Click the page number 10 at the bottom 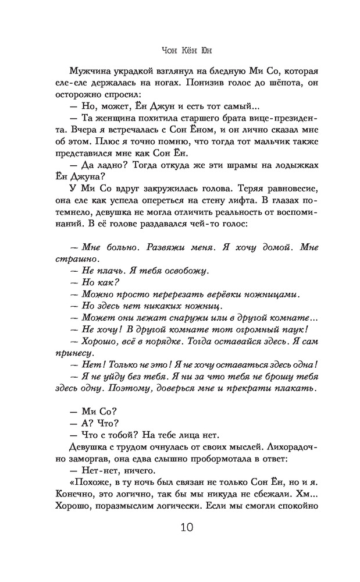[x=180, y=528]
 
